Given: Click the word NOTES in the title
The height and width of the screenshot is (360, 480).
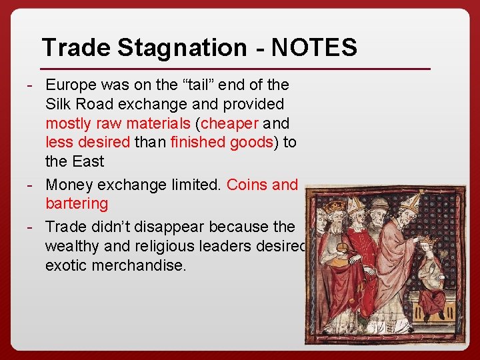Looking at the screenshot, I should (x=314, y=48).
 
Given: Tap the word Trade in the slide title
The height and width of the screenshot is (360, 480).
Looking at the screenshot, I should (x=74, y=48).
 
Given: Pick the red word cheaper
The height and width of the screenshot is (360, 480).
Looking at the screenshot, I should (x=229, y=123).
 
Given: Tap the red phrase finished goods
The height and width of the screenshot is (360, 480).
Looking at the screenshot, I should (x=221, y=142).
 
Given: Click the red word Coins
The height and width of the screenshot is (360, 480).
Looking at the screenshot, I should (x=247, y=185).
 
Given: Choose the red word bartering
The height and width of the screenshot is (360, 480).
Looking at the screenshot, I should (x=77, y=203).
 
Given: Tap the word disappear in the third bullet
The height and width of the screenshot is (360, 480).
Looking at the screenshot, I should (x=165, y=227).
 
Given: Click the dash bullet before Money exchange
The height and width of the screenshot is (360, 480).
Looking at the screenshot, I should (x=31, y=185).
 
